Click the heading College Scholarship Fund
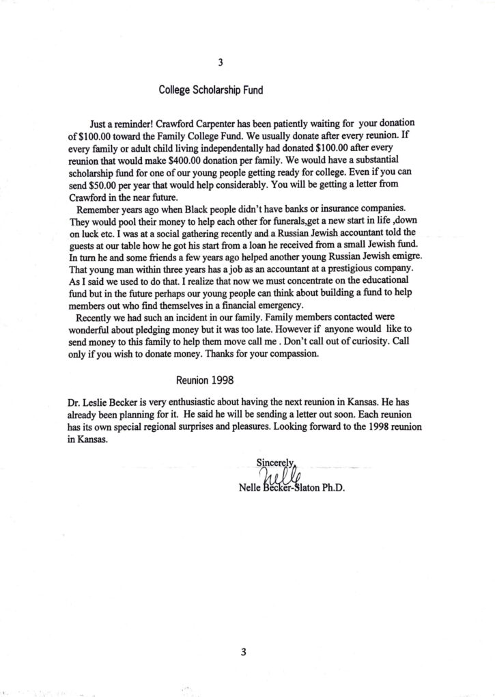tap(202, 89)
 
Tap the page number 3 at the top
tap(220, 64)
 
